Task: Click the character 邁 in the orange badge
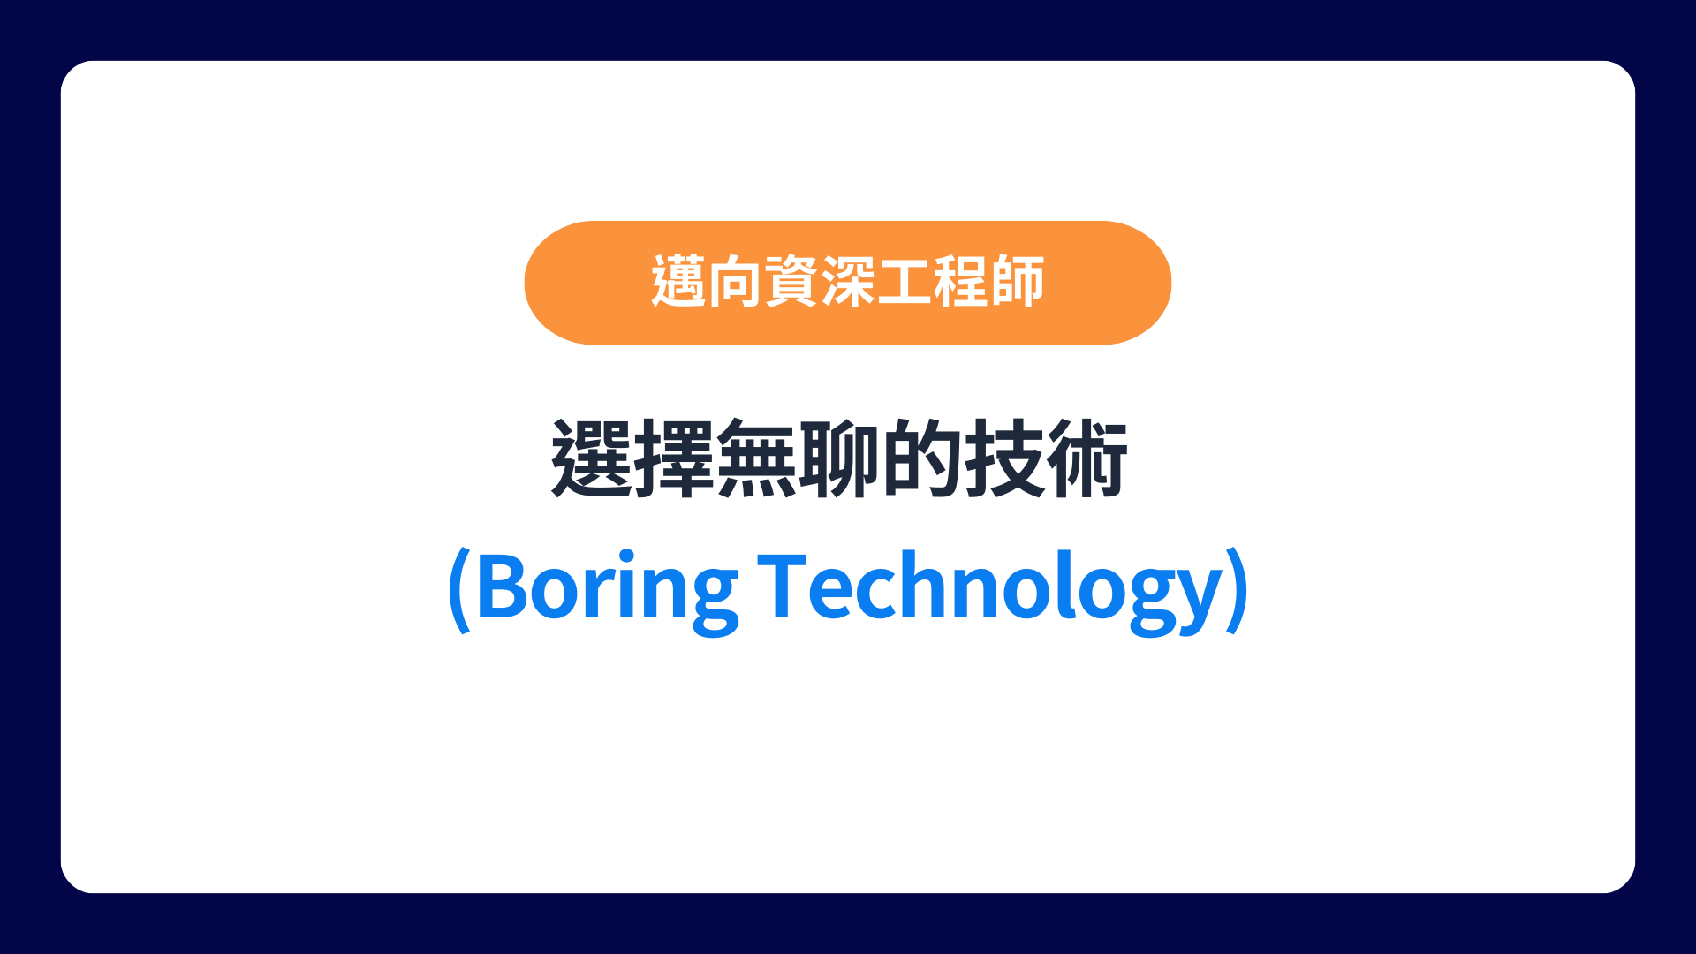click(678, 282)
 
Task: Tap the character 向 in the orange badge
click(735, 282)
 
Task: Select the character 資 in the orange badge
click(791, 282)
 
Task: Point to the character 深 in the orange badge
click(848, 282)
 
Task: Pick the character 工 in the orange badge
click(905, 282)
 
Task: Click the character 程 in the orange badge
click(961, 282)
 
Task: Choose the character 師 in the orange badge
click(1018, 282)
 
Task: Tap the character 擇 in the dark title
click(674, 459)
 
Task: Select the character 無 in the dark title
click(756, 459)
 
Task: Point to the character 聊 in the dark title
click(839, 459)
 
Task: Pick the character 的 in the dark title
click(921, 459)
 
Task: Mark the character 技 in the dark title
click(1004, 459)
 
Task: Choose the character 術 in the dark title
click(1087, 459)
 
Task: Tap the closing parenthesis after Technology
click(1238, 589)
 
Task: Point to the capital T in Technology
click(783, 585)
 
